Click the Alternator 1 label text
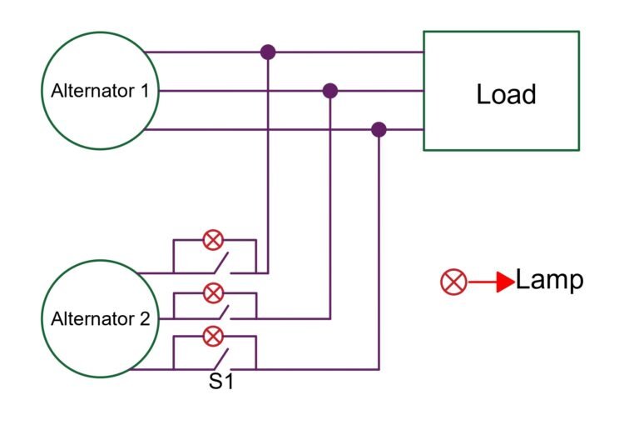point(100,90)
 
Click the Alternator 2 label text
point(100,318)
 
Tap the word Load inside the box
point(506,94)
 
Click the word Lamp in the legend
point(549,280)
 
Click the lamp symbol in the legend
point(453,282)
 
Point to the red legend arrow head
point(505,282)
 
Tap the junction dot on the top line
point(268,52)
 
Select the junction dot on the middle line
point(330,90)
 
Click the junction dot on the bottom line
point(379,129)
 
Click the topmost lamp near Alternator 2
point(214,241)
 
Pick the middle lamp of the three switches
point(214,292)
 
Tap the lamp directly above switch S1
point(214,337)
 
